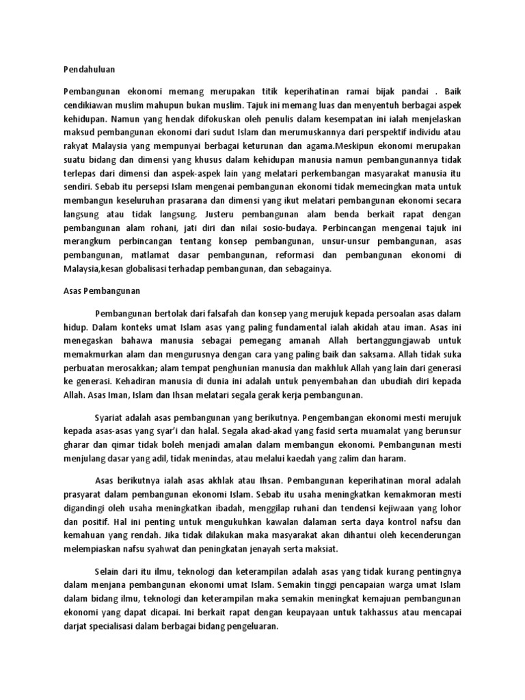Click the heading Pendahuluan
[89, 69]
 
